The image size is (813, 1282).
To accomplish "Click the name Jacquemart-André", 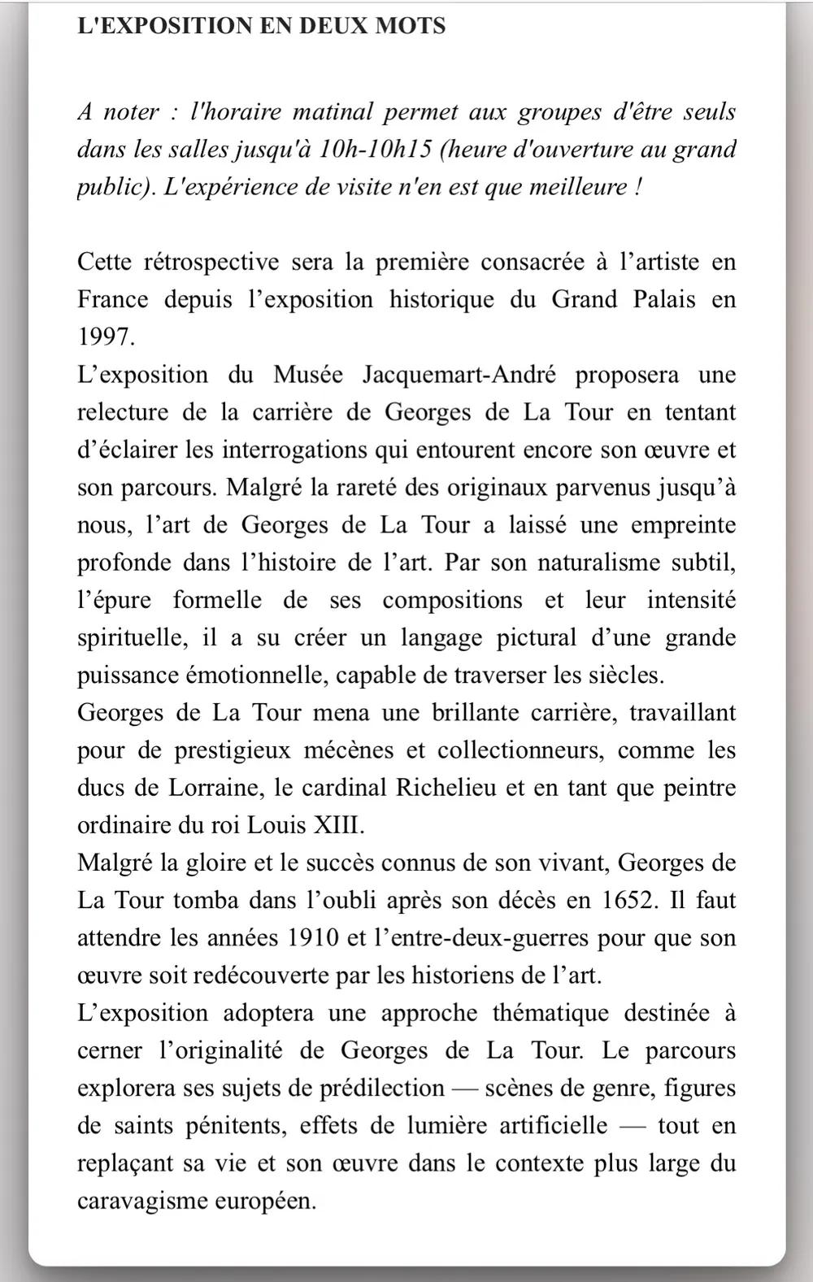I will coord(459,375).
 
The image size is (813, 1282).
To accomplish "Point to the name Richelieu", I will coord(446,788).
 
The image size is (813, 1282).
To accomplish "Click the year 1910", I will coord(313,938).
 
